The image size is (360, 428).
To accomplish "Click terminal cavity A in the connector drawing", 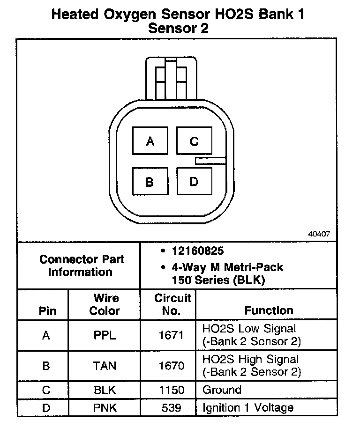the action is pos(150,141).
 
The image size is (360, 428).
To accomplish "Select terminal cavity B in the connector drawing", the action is pos(150,181).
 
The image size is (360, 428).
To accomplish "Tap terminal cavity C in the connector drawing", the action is pos(194,141).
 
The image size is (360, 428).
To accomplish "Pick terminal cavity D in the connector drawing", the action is pos(194,181).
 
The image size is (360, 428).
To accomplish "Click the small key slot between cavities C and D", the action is pos(210,161).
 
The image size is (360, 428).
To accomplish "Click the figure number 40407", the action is pos(319,233).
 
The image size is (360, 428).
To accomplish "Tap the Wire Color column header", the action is pos(105,304).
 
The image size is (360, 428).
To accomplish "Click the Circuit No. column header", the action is pos(172,304).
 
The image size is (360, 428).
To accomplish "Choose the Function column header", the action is pos(269,310).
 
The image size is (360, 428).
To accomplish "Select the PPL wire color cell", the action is pos(105,335).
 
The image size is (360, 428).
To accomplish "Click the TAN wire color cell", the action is pos(105,366).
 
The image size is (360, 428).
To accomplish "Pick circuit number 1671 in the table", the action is pos(172,335).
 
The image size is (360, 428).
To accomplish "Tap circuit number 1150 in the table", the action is pos(172,390).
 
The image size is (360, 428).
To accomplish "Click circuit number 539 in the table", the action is pos(172,408).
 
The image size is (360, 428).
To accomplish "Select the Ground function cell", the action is pos(222,390).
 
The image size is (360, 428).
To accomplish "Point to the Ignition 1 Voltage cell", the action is pos(247,408).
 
